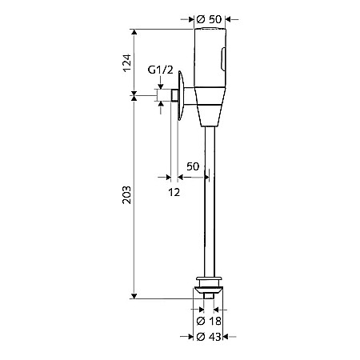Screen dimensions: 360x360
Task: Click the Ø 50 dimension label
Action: [x=210, y=18]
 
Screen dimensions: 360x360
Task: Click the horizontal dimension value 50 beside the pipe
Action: [x=192, y=166]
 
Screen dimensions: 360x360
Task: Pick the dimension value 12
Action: [x=174, y=192]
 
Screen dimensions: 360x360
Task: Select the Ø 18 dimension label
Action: [x=210, y=321]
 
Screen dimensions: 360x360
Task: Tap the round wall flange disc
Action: [x=183, y=97]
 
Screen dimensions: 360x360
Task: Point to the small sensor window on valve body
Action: [x=223, y=58]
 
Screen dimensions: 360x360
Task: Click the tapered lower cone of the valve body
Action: [x=210, y=116]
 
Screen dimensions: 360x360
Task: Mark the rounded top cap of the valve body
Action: [x=210, y=34]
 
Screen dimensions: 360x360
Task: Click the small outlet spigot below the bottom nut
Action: [x=210, y=296]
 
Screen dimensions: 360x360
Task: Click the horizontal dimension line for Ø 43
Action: [x=210, y=347]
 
